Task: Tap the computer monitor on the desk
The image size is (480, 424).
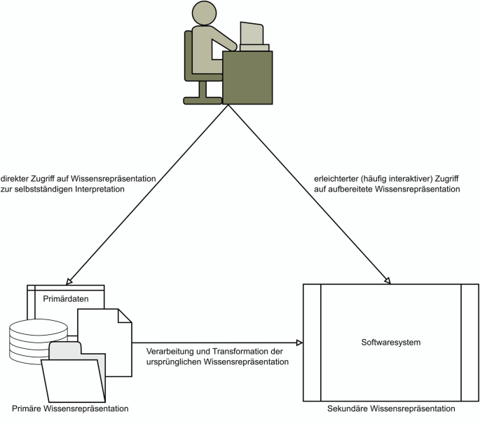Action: tap(252, 34)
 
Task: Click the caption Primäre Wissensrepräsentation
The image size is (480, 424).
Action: tap(70, 408)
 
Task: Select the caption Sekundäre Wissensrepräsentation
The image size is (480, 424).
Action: tap(391, 409)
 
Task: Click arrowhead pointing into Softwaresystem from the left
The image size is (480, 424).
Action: tap(299, 343)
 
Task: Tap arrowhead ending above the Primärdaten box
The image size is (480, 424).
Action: tap(68, 279)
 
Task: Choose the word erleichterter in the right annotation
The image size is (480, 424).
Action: tap(331, 178)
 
